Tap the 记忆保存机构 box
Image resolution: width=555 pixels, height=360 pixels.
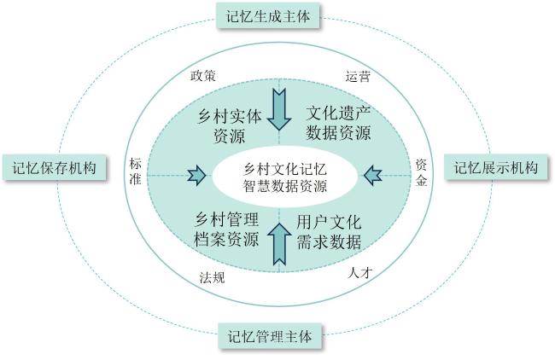coord(55,167)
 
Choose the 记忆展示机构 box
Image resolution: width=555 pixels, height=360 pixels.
coord(495,167)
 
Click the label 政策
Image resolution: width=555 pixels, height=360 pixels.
coord(202,75)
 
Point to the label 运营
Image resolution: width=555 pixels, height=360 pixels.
coord(358,75)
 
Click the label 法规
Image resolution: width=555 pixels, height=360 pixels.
coord(212,277)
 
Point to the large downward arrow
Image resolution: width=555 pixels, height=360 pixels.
coord(278,108)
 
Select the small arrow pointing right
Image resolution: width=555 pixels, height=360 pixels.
coord(198,176)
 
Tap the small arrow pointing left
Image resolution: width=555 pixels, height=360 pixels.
coord(373,176)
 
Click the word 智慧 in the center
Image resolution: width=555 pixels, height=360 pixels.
coord(255,183)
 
